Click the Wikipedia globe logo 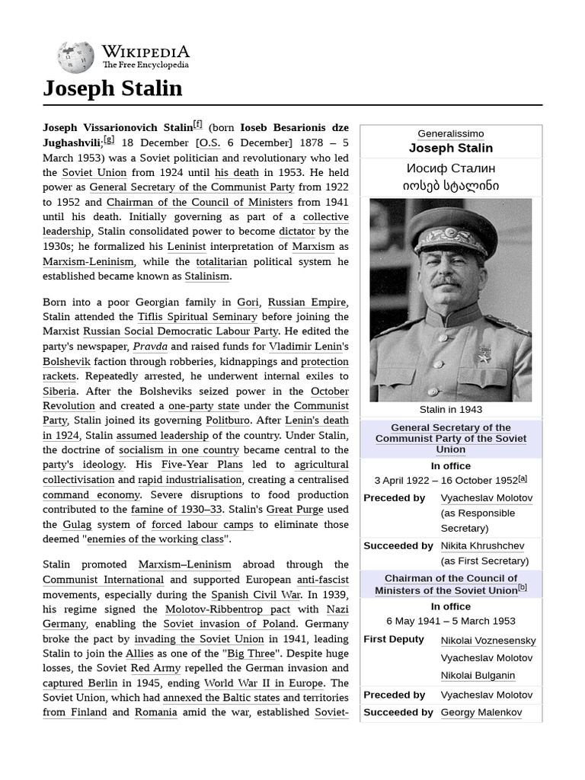coord(75,57)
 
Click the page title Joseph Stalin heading coord(113,88)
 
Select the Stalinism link coord(206,277)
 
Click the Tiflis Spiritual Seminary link coord(197,317)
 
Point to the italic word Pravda coord(150,347)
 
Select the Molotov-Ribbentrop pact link coord(227,609)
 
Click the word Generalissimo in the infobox coord(450,133)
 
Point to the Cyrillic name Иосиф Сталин coord(451,168)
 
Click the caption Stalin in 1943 coord(450,410)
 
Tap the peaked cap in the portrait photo coord(451,232)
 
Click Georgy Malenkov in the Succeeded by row coord(481,712)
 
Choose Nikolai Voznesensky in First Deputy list coord(487,641)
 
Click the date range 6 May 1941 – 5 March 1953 coord(450,621)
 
